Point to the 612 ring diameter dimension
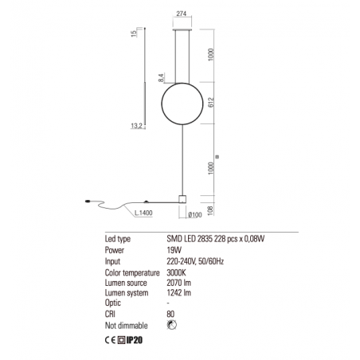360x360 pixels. (209, 103)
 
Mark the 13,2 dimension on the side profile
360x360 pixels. (136, 124)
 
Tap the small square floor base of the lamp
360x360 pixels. (182, 199)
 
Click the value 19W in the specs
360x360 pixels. (174, 249)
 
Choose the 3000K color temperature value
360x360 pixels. (178, 271)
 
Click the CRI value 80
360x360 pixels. (172, 314)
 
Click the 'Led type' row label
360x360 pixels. (118, 238)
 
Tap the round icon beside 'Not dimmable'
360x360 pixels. (172, 325)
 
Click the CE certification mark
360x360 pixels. (111, 340)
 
